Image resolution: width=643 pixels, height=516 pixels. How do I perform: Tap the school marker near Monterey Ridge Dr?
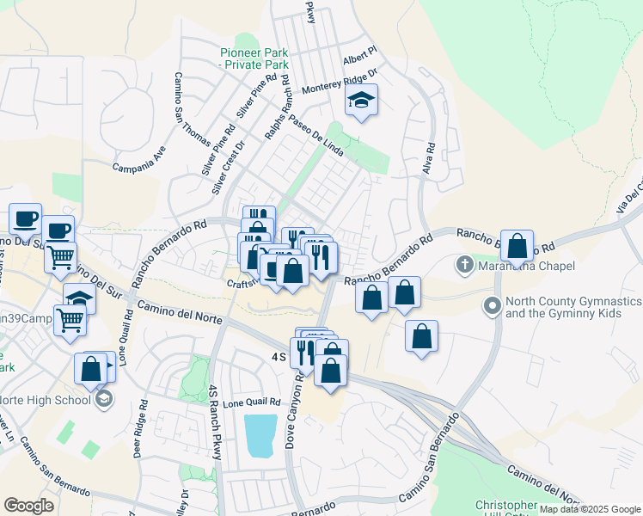tap(362, 102)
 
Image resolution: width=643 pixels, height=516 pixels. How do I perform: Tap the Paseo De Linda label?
tap(315, 137)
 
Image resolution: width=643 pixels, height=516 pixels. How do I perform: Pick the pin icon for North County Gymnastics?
tap(493, 305)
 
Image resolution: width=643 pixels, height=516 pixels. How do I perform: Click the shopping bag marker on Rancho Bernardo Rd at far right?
tap(517, 247)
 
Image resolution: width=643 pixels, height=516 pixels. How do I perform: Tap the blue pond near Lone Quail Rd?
tap(260, 435)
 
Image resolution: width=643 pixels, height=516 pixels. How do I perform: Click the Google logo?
tap(29, 506)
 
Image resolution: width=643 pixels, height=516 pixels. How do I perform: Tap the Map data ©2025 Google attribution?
tap(589, 509)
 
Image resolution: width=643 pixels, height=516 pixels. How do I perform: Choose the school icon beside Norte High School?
tap(104, 399)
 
